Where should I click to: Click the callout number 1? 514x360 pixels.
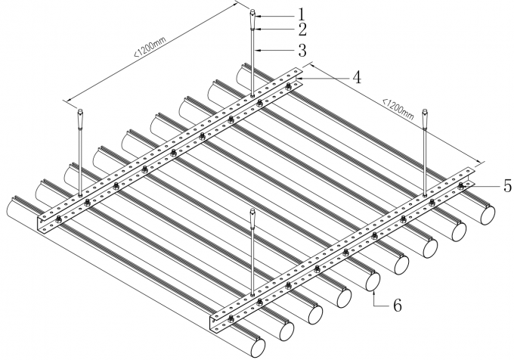[x=280, y=13]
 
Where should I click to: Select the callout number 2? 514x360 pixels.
[x=280, y=30]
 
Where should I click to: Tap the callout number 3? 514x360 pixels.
[x=280, y=51]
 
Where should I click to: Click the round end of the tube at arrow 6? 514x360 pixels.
[x=373, y=280]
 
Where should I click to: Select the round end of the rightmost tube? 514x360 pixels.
[x=489, y=214]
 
